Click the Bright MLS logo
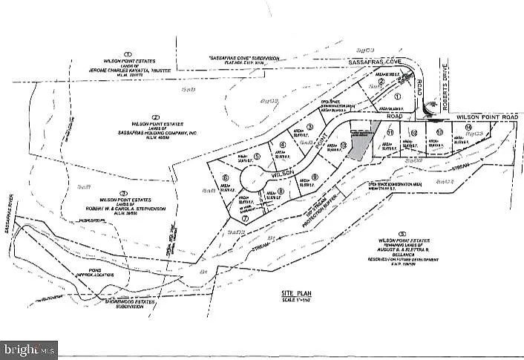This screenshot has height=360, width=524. pyautogui.click(x=30, y=348)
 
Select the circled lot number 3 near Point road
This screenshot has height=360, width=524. pyautogui.click(x=309, y=127)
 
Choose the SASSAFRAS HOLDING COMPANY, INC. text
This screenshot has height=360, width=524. pyautogui.click(x=156, y=129)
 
